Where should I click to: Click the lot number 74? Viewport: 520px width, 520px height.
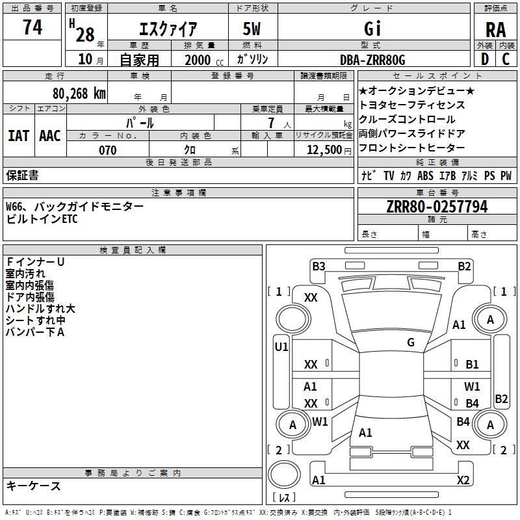point(32,27)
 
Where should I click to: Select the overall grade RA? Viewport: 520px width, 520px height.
point(495,30)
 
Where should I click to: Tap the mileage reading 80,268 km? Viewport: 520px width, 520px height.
point(79,94)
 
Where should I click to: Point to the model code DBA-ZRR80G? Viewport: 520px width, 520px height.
point(372,60)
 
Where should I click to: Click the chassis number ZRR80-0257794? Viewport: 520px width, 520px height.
point(437,207)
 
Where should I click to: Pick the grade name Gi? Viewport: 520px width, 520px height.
point(372,29)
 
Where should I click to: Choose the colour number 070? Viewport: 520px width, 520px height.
point(108,150)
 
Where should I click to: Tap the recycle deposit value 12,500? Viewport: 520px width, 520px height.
point(324,150)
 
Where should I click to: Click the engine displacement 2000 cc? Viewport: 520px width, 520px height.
point(204,60)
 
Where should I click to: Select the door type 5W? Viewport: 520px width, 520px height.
point(252,29)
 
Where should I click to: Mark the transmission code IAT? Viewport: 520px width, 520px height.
point(18,136)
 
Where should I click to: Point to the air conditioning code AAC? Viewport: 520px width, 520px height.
point(50,136)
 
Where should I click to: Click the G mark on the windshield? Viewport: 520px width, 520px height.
point(411,343)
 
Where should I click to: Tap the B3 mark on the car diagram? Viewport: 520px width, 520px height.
point(318,266)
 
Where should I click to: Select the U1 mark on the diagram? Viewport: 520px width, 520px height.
point(281,347)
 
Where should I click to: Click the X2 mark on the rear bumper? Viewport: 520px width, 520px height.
point(463,480)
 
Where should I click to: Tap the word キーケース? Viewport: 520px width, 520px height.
point(34,486)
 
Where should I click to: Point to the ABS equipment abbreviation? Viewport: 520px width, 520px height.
point(425,175)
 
